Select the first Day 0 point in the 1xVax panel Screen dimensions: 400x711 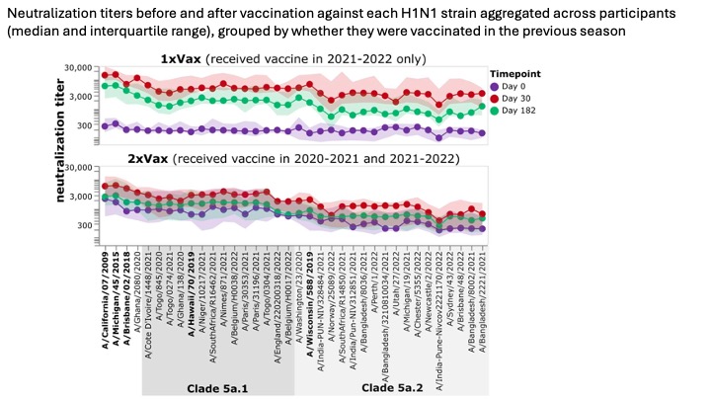click(106, 125)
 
